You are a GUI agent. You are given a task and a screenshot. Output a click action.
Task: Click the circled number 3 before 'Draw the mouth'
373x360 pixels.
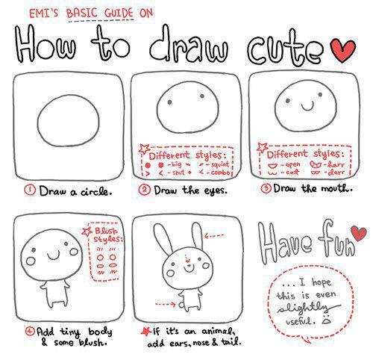click(x=265, y=190)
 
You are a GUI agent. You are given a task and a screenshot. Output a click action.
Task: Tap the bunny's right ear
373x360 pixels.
click(x=195, y=240)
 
